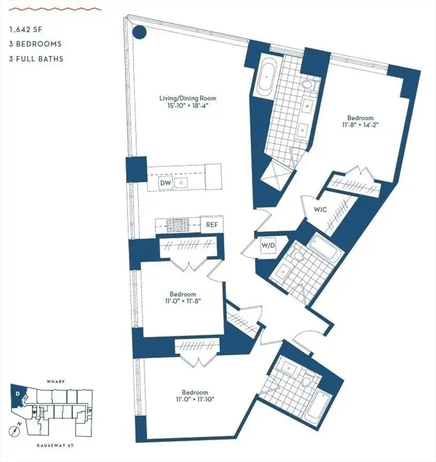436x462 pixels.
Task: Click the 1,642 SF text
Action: coord(25,28)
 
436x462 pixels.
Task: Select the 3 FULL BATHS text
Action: coord(36,59)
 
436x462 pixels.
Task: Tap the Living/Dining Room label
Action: coord(187,98)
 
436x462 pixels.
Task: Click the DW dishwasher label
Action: coord(164,183)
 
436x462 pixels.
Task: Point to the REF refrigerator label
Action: coord(212,224)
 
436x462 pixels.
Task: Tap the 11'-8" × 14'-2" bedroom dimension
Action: coord(360,126)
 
